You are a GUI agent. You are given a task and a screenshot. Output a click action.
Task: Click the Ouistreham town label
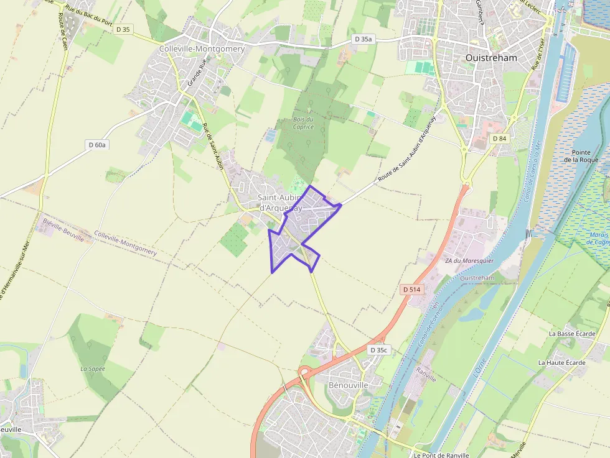point(491,57)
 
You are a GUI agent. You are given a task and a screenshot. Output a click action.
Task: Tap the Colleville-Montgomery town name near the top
point(202,48)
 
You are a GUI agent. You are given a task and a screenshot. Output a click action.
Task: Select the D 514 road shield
point(412,290)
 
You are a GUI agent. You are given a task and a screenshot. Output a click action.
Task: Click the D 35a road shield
point(364,39)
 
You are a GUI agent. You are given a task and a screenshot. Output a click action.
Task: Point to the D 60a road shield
point(97,145)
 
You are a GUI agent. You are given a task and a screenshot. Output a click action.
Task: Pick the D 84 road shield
point(499,138)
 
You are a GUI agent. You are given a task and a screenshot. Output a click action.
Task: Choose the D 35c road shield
point(378,350)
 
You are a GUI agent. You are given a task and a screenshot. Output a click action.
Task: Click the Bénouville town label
point(348,385)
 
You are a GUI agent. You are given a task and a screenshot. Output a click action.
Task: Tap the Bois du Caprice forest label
point(303,122)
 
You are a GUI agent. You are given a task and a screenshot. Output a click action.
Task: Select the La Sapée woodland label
point(93,369)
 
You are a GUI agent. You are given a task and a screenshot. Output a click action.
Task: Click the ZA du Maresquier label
point(469,261)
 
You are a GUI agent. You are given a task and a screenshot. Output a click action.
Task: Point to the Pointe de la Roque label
point(581,156)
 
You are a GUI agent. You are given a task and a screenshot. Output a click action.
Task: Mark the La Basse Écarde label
point(572,334)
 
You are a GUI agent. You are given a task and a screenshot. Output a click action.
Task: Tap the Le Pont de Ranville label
point(444,454)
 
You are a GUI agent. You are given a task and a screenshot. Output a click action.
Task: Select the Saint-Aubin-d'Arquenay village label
point(280,203)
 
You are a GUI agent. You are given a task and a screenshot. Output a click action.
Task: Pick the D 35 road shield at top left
point(123,29)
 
